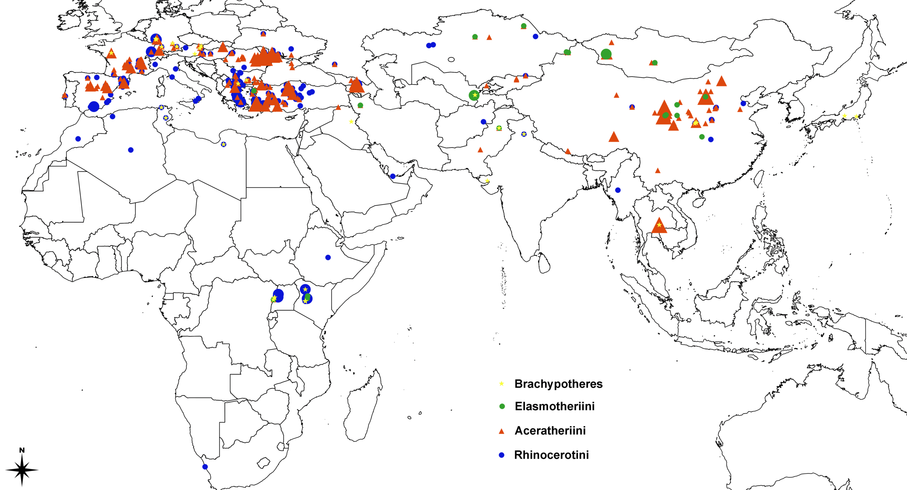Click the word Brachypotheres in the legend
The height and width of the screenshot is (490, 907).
coord(558,384)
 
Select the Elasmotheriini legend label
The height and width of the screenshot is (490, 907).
coord(554,406)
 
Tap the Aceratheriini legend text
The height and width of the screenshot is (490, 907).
coord(550,431)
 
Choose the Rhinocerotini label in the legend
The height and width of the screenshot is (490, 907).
coord(551,455)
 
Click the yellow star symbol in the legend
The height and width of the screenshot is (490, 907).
coord(501,384)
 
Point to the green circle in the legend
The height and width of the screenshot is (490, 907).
coord(502,406)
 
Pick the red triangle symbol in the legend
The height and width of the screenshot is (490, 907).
coord(501,431)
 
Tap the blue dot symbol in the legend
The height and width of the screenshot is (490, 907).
coord(501,455)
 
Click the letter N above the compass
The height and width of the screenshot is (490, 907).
coord(22,450)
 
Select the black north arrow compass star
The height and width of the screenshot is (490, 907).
coord(22,470)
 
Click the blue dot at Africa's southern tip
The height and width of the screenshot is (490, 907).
coord(205,467)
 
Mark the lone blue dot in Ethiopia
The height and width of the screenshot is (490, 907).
coord(328,257)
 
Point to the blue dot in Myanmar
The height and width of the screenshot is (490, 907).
coord(618,190)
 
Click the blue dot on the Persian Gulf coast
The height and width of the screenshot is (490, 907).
coord(393,176)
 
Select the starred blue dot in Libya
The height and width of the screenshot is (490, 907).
coord(224,144)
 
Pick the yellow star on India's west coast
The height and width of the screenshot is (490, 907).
coord(487,181)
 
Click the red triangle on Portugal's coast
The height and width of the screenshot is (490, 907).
coord(65,96)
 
